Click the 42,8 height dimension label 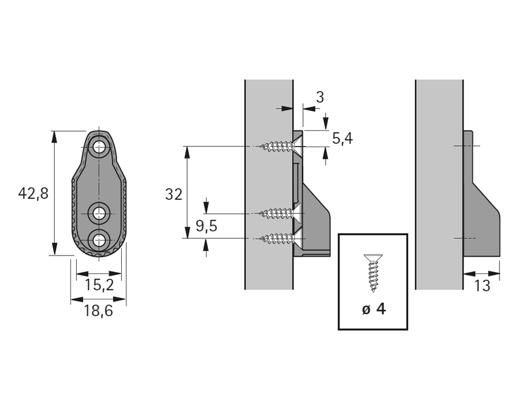point(33,193)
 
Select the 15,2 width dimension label point(99,284)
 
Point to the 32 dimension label point(173,194)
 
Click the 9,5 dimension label point(206,226)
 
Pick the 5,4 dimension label point(342,138)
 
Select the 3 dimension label point(319,96)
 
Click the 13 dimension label point(481,286)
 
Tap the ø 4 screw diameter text point(374,309)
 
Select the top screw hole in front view point(100,147)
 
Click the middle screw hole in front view point(100,214)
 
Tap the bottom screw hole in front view point(100,239)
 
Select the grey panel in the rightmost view point(439,185)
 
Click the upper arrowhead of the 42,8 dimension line point(54,136)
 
